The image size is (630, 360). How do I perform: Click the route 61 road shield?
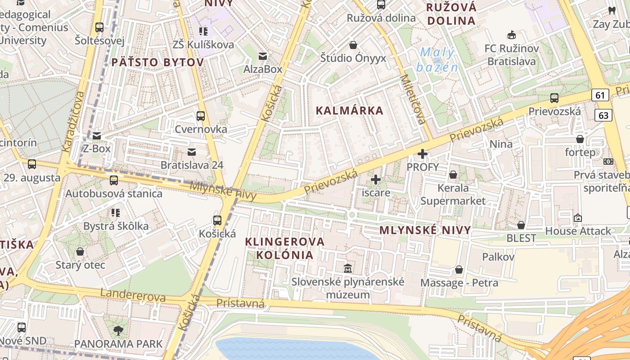[x=600, y=95]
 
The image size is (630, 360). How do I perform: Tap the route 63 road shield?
[x=603, y=115]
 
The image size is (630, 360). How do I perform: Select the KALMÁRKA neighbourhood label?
[x=349, y=111]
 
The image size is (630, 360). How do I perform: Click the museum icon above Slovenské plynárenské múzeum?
[x=347, y=269]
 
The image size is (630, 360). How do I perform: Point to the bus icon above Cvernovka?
[x=201, y=116]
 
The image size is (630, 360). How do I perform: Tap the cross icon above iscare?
[x=376, y=180]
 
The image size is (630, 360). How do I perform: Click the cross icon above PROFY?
[x=422, y=154]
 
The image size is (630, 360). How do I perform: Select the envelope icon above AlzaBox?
[x=263, y=56]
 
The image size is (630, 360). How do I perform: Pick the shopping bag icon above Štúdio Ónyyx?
[x=353, y=45]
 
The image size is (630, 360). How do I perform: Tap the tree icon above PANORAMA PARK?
[x=118, y=331]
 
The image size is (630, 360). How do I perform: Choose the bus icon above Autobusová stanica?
[x=114, y=180]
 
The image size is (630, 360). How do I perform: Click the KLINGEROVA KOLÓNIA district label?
[x=284, y=248]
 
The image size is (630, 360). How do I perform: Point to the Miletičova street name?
[x=413, y=99]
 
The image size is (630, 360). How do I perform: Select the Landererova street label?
[x=133, y=295]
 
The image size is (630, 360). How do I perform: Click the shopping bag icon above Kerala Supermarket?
[x=453, y=175]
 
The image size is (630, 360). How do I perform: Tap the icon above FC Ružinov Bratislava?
[x=512, y=35]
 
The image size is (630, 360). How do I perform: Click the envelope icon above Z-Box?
[x=97, y=135]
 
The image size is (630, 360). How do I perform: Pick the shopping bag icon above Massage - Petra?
[x=459, y=270]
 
